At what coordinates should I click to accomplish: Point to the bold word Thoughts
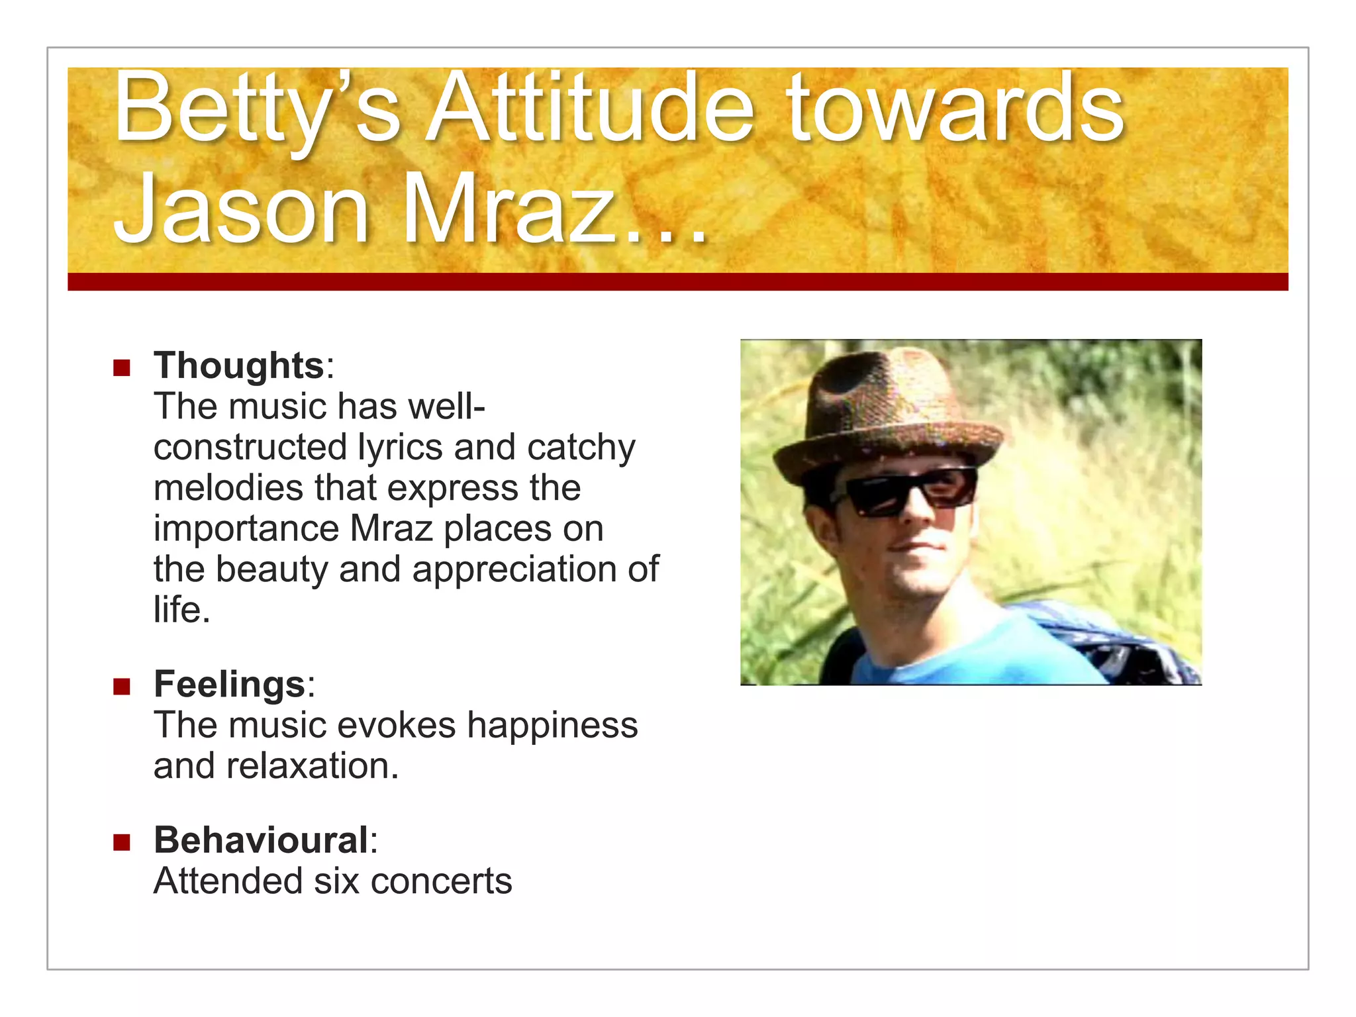click(238, 365)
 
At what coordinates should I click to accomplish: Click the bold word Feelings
click(229, 684)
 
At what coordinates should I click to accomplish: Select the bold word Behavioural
click(261, 840)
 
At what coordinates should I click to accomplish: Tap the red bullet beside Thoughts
click(122, 367)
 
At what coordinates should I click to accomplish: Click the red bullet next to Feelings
click(122, 686)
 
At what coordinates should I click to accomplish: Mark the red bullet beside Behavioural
click(122, 842)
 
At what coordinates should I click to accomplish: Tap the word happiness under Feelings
click(552, 725)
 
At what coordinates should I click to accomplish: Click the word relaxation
click(313, 766)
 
